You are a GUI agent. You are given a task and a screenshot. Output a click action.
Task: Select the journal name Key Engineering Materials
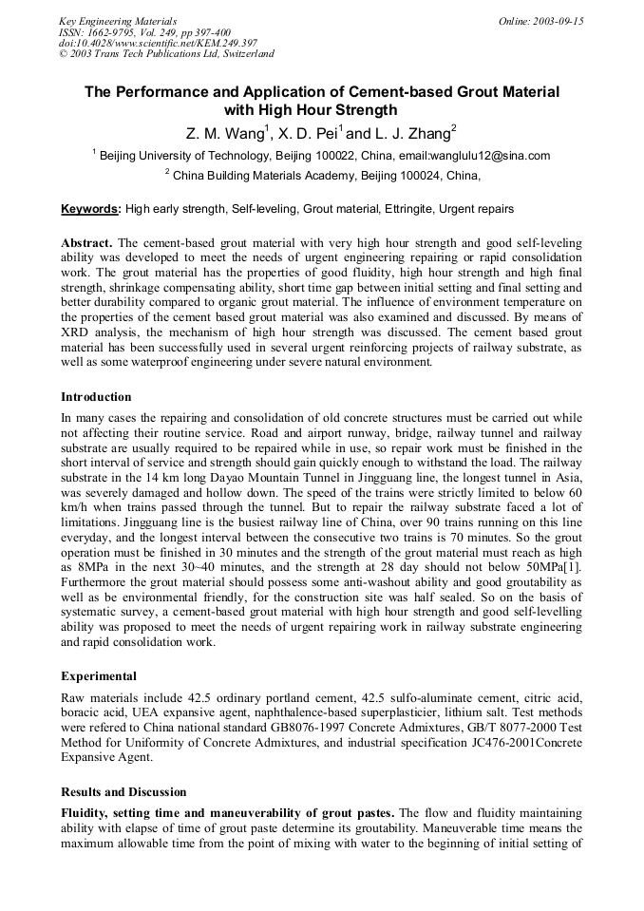[x=118, y=20]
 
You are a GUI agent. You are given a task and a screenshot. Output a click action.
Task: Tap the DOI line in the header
[x=158, y=43]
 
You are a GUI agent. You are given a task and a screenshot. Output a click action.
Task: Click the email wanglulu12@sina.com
[x=490, y=155]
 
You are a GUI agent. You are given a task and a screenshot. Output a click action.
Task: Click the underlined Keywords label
[x=90, y=208]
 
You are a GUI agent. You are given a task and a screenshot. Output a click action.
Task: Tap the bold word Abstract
[x=86, y=243]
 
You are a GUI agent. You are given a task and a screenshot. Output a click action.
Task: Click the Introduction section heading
[x=96, y=396]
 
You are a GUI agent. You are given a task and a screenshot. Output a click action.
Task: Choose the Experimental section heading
[x=98, y=676]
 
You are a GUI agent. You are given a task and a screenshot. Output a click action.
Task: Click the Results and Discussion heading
[x=123, y=791]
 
